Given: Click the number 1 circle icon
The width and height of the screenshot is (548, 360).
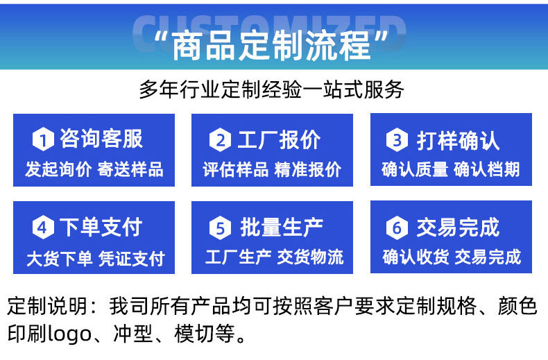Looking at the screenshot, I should click(x=42, y=140).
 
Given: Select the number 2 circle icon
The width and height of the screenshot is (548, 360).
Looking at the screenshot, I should click(x=220, y=140).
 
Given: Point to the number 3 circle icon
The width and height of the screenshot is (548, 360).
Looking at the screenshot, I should click(x=397, y=140).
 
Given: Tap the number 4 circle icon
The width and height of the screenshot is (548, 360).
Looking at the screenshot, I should click(x=42, y=227).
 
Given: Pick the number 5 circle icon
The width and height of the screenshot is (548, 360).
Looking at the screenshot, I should click(x=220, y=227).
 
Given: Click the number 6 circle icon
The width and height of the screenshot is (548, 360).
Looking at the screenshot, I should click(x=397, y=227).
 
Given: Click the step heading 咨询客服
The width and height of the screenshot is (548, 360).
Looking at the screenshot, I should click(x=101, y=139).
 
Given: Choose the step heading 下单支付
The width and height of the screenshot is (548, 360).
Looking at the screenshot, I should click(x=101, y=227).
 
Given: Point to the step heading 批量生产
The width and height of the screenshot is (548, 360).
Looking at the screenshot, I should click(x=282, y=227).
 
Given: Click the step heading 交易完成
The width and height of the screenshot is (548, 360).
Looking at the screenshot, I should click(x=458, y=227).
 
